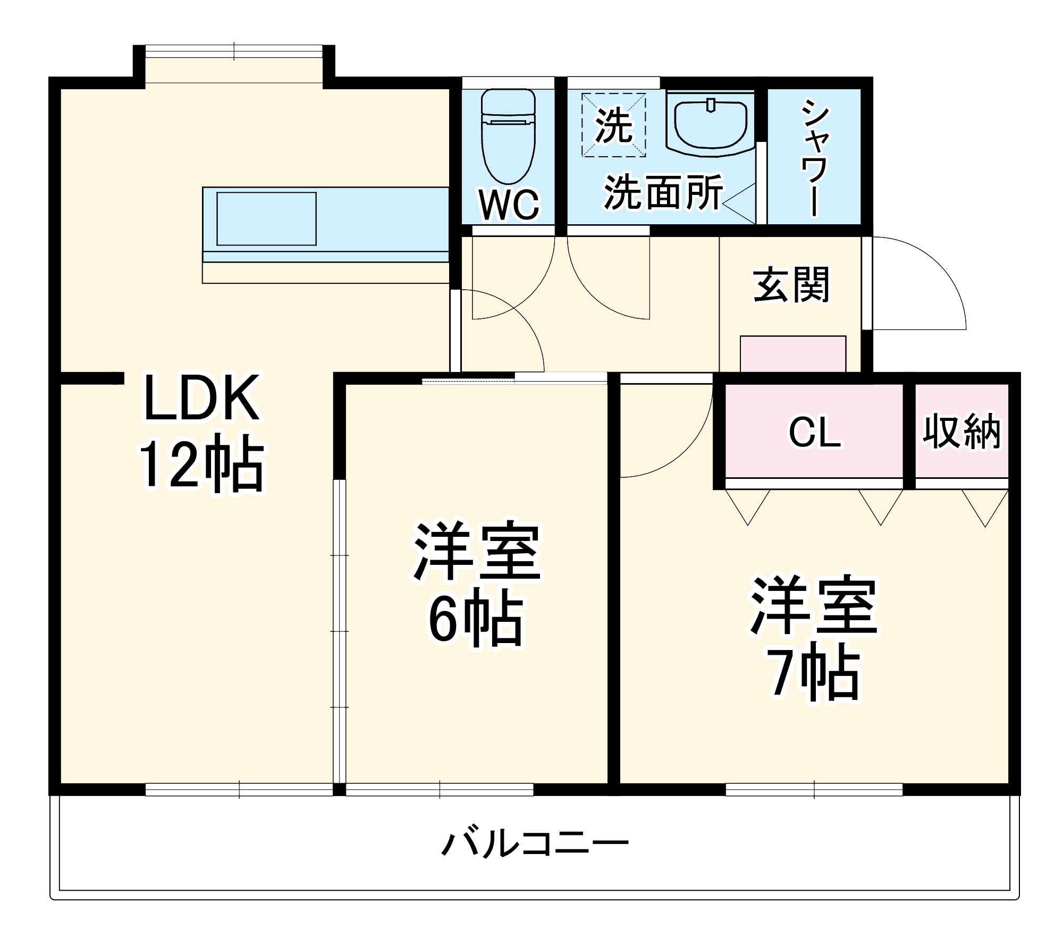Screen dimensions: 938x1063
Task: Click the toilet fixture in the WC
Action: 508,138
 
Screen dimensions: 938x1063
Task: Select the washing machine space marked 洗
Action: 613,125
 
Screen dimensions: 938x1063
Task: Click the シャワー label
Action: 814,158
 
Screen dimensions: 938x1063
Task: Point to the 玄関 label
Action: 791,285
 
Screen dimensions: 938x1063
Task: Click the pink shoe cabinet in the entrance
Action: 792,353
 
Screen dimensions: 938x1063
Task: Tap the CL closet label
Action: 814,433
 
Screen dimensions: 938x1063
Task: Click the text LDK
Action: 202,398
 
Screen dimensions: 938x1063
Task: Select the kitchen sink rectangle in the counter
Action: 266,219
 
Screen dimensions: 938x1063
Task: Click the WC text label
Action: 509,204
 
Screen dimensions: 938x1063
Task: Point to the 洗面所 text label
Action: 663,192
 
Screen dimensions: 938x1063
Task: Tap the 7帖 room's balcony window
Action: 814,789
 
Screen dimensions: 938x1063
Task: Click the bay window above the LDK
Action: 234,52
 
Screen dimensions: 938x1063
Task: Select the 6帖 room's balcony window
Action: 440,789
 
